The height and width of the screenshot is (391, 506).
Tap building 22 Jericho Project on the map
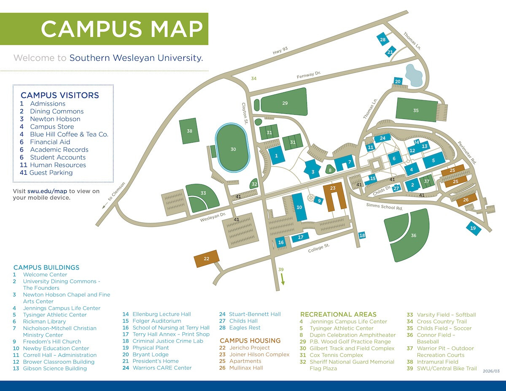coord(207,259)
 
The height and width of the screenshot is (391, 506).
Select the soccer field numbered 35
coord(416,110)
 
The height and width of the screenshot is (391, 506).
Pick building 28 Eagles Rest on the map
coord(382,40)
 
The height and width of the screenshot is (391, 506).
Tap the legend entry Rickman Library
coord(44,321)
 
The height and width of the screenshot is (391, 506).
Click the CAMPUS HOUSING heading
coord(250,340)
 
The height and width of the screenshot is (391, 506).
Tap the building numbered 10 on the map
coord(299,207)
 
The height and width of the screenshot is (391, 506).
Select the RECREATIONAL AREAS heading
coord(338,314)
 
